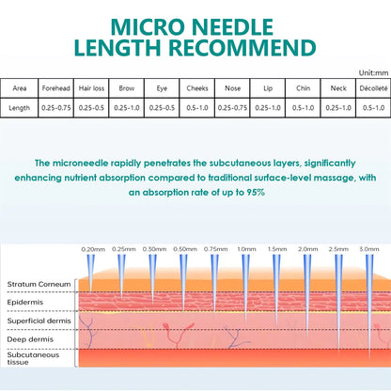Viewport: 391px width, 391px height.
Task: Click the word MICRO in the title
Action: (149, 27)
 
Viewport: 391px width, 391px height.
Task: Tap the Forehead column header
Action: (56, 88)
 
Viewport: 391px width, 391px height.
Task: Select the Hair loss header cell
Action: (91, 88)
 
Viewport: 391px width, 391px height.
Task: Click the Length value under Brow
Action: (127, 108)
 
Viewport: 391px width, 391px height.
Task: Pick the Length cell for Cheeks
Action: (197, 108)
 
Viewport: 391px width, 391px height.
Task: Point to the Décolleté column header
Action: (373, 88)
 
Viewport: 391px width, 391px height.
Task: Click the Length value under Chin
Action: (303, 108)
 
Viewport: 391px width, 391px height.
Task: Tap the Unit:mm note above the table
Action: (373, 73)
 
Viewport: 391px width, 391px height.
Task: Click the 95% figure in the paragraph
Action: (256, 192)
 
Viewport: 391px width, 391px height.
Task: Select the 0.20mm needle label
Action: (93, 249)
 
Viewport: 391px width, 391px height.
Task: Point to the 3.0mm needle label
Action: (369, 249)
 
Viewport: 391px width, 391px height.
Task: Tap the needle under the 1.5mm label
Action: (276, 289)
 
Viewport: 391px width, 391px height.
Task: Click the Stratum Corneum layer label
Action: (39, 284)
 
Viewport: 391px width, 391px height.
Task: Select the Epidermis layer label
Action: (25, 303)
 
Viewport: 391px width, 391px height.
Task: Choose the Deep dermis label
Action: (30, 339)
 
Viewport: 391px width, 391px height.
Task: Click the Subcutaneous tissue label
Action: (33, 358)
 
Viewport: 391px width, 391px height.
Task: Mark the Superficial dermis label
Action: (39, 321)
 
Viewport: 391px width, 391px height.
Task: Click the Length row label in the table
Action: (20, 108)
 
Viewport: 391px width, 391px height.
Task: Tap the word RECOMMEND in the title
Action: (242, 48)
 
